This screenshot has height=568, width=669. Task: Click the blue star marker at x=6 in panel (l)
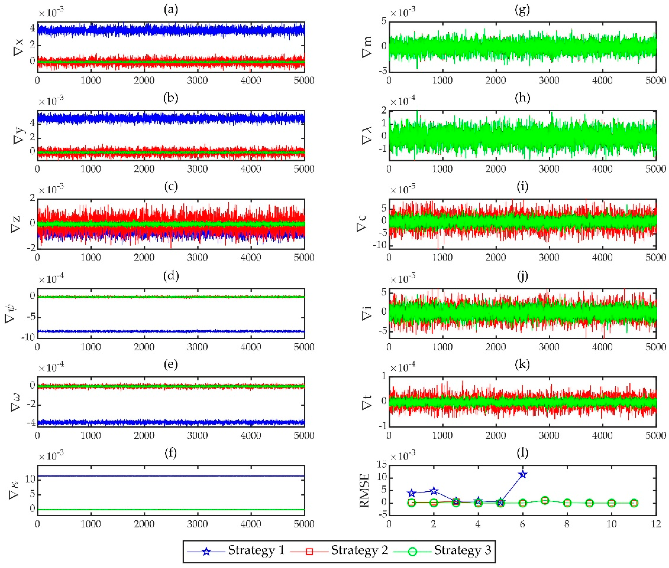pos(523,474)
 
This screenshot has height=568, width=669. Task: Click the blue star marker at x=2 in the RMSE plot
pos(434,491)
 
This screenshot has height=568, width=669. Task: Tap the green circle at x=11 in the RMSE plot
pos(634,503)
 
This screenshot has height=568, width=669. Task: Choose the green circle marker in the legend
pos(412,552)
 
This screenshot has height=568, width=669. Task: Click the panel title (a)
pos(171,10)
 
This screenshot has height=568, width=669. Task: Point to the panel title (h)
pos(522,98)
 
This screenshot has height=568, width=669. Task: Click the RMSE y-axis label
pos(365,490)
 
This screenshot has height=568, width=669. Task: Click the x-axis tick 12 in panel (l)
pos(656,524)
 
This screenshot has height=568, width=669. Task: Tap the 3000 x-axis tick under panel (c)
pos(197,258)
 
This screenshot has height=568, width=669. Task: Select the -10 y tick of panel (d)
pos(28,337)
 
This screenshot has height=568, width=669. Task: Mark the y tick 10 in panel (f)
pos(30,479)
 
